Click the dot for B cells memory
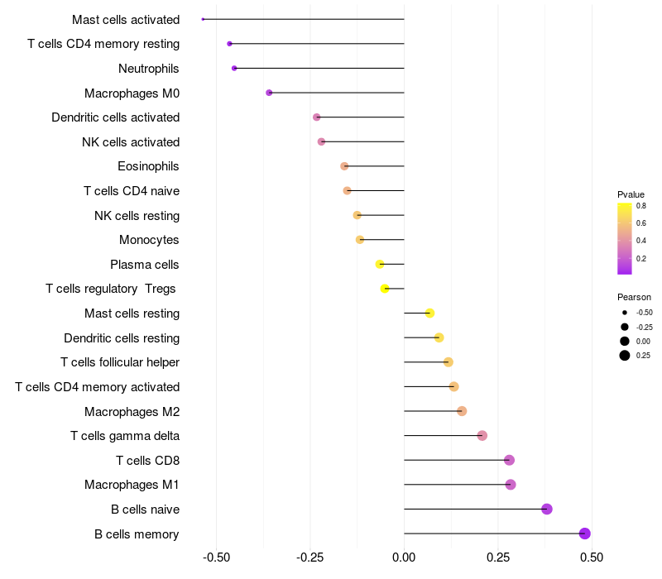[x=585, y=534]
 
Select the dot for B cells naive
[x=547, y=509]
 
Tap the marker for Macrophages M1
[x=511, y=485]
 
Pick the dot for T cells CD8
[x=509, y=460]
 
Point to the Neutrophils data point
[x=234, y=68]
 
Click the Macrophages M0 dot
[x=269, y=93]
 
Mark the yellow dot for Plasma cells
[x=380, y=264]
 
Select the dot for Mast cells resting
[x=429, y=313]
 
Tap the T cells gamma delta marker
[x=482, y=436]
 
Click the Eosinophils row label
[x=148, y=166]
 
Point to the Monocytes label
[x=149, y=240]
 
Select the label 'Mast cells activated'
[x=126, y=19]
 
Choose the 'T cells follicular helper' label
[x=120, y=362]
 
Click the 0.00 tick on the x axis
[x=404, y=557]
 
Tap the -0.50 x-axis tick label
[x=216, y=557]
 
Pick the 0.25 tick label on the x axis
[x=498, y=557]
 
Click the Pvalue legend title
[x=631, y=194]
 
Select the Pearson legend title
[x=634, y=297]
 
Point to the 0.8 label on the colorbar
[x=641, y=206]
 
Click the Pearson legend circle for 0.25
[x=624, y=356]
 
